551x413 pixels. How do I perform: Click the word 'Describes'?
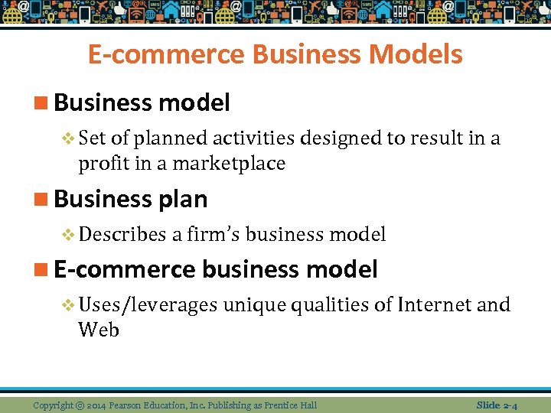point(122,234)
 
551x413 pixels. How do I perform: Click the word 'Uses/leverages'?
point(148,304)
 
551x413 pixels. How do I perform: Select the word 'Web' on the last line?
point(99,330)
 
